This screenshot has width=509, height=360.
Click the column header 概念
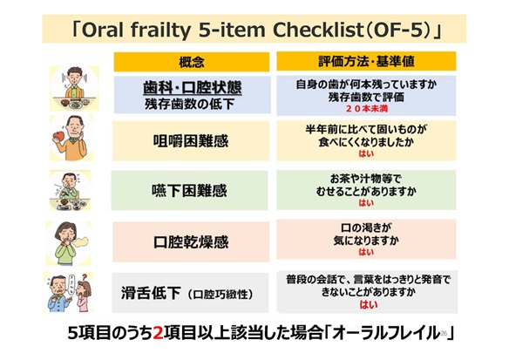(192, 62)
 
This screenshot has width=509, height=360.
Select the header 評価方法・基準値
(366, 61)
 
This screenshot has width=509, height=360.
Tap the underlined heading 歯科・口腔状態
(192, 88)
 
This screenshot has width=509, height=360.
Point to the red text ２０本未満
(366, 109)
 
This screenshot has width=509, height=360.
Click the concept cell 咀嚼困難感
(191, 141)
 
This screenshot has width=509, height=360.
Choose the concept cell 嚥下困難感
(190, 191)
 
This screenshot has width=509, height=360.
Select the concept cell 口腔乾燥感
(191, 241)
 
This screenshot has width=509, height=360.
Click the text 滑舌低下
(151, 293)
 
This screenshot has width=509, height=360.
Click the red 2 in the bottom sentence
(158, 333)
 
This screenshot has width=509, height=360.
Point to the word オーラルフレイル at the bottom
(386, 333)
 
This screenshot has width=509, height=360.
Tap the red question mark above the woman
(85, 278)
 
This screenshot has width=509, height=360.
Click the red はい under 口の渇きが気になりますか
(366, 252)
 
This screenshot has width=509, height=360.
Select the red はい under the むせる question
(366, 203)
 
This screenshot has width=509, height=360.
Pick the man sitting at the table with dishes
(75, 88)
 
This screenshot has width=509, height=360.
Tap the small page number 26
(444, 332)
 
